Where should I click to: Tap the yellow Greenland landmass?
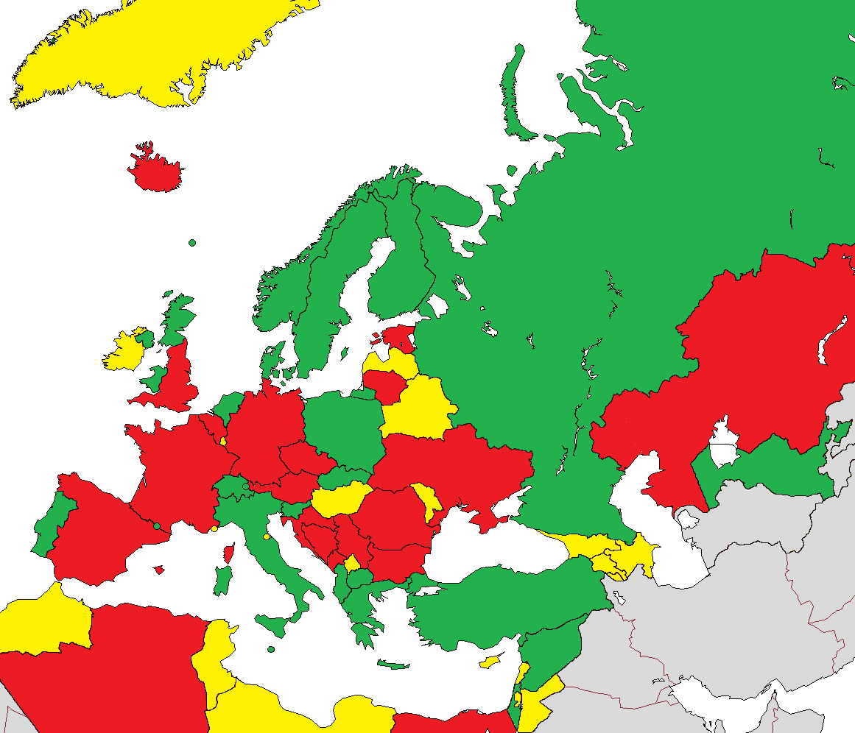(x=147, y=52)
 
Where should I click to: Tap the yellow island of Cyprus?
(x=490, y=662)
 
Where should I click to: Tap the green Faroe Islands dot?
(x=192, y=242)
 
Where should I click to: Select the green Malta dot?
(x=271, y=650)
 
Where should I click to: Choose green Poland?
(x=342, y=427)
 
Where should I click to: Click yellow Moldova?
(x=427, y=497)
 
